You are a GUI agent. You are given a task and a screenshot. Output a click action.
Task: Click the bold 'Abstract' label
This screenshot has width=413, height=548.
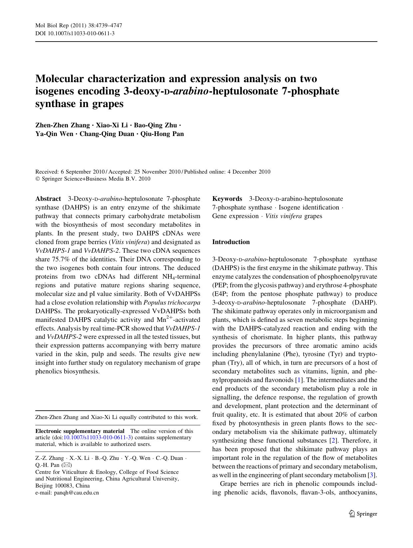click(x=48, y=199)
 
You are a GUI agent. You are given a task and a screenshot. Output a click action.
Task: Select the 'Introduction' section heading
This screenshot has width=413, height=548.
click(x=231, y=242)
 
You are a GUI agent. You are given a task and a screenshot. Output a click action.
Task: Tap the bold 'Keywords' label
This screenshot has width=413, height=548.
click(x=227, y=199)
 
